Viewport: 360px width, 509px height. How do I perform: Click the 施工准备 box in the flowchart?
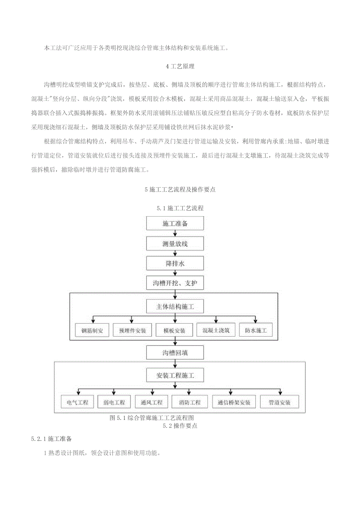tap(175, 224)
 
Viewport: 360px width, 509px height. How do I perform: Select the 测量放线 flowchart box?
tap(175, 244)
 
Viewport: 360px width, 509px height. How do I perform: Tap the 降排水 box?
tap(175, 263)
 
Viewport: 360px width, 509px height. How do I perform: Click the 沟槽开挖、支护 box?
tap(175, 283)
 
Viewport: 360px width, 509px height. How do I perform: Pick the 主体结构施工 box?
tap(175, 307)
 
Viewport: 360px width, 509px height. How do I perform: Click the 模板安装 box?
tap(175, 330)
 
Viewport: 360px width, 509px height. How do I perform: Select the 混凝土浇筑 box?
tap(216, 330)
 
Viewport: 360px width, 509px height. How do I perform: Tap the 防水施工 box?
tap(256, 330)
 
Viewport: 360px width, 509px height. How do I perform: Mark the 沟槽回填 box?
tap(175, 353)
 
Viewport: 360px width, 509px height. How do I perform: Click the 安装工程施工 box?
tap(175, 376)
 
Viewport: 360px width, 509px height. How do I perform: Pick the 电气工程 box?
tap(77, 402)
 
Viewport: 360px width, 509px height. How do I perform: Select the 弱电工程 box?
tap(114, 402)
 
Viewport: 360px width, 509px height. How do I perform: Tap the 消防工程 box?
tap(189, 402)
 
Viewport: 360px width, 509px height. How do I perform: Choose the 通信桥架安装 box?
tap(234, 402)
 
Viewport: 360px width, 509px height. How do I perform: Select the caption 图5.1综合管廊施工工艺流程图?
tap(152, 418)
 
